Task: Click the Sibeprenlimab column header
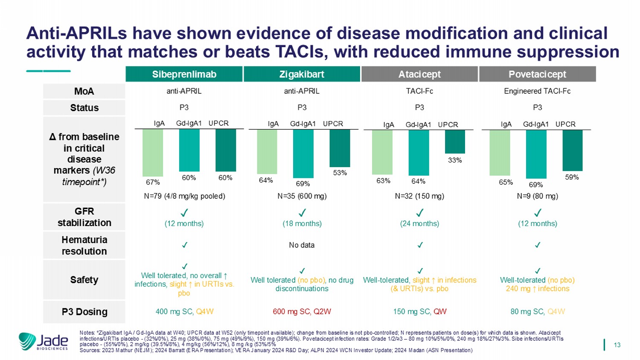tap(184, 74)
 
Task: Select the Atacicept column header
tap(419, 74)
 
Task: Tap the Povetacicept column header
tap(537, 74)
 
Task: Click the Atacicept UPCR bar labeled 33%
tap(455, 142)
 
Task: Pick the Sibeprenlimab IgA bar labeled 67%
tap(153, 153)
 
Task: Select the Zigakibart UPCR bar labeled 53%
tap(340, 148)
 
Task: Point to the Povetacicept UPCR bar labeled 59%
tap(572, 150)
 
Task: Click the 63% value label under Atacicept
tap(383, 181)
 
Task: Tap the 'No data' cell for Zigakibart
tap(302, 245)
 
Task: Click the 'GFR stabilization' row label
tap(84, 217)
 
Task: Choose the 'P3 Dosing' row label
tap(84, 312)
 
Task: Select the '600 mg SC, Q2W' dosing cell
tap(302, 312)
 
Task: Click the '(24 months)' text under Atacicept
tap(419, 224)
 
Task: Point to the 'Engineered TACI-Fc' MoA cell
tap(537, 91)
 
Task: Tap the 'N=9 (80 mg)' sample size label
tap(537, 196)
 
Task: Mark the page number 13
tap(617, 345)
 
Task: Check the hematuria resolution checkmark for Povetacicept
tap(538, 245)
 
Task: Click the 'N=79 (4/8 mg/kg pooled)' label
tap(184, 196)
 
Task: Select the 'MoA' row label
tap(84, 91)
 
